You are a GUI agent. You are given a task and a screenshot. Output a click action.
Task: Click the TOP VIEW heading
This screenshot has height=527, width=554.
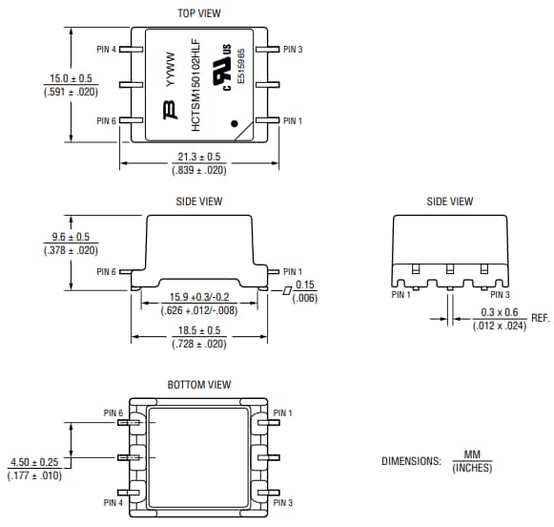point(199,13)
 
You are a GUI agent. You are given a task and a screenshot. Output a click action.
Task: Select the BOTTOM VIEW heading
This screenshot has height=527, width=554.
point(199,385)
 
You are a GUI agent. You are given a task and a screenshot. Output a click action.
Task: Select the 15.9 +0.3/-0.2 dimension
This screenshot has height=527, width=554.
point(200,297)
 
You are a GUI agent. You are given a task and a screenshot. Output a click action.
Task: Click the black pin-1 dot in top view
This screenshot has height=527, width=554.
point(236,122)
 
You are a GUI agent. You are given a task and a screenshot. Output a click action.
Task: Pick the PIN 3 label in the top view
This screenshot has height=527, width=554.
point(293,49)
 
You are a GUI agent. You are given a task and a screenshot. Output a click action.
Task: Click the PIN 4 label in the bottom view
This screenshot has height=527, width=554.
point(113,502)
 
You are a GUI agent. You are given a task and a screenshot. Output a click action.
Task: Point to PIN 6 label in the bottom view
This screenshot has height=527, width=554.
point(113,413)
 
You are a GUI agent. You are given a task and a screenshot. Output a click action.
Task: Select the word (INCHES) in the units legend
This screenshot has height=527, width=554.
point(472,468)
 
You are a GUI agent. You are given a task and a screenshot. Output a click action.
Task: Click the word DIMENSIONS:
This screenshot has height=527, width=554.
point(410,461)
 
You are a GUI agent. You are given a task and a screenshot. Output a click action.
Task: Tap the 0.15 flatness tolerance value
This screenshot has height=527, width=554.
point(305,285)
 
